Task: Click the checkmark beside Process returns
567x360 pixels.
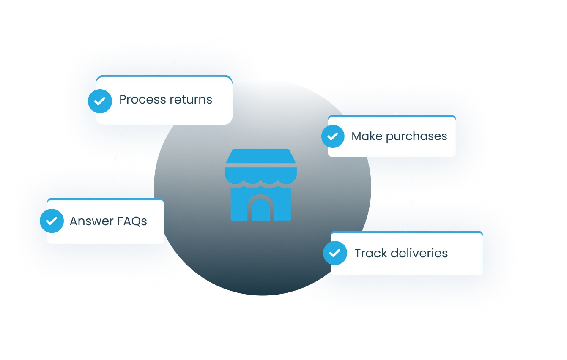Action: (100, 101)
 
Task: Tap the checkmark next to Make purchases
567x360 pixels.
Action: (333, 136)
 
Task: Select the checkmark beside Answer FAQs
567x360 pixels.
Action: (52, 221)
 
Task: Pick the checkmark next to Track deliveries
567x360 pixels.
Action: (335, 253)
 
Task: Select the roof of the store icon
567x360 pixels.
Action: (261, 156)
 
